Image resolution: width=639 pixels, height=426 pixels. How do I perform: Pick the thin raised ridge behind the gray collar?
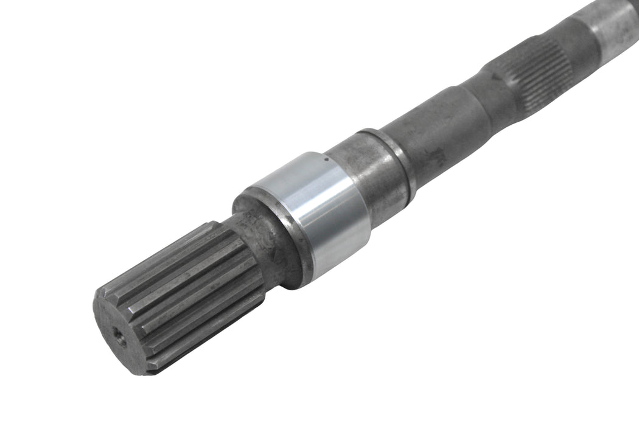click(x=399, y=161)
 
